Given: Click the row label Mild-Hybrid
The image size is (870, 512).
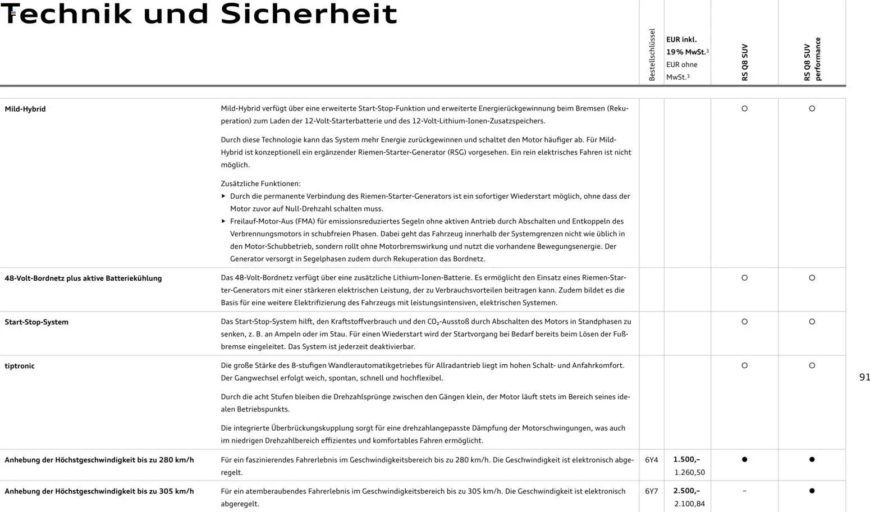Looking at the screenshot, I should click(25, 109).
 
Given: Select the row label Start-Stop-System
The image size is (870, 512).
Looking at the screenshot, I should click(36, 322).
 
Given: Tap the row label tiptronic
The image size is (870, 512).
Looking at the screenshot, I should click(20, 366).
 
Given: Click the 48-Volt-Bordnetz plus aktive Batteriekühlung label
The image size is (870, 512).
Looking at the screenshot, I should click(83, 278).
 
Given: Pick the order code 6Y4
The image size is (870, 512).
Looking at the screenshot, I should click(651, 460).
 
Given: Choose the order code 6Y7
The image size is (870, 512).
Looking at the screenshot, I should click(651, 491).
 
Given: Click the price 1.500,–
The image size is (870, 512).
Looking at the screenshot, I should click(686, 460).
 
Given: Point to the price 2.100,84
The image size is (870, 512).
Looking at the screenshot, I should click(689, 504).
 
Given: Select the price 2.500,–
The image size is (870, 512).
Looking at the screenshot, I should click(686, 491).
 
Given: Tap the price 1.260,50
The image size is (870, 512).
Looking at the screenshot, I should click(689, 473).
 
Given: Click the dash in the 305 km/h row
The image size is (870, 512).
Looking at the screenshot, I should click(744, 491).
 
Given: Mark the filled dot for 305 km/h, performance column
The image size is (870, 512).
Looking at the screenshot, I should click(812, 491).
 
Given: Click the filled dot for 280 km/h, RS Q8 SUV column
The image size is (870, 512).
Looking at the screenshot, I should click(744, 460).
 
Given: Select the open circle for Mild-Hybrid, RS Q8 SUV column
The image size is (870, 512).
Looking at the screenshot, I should click(744, 109).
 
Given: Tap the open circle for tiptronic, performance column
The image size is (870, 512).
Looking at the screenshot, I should click(812, 366).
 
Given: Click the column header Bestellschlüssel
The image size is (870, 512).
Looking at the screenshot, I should click(652, 55).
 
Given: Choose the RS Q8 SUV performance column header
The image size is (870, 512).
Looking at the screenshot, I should click(812, 59).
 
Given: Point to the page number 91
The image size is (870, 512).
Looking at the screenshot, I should click(864, 377).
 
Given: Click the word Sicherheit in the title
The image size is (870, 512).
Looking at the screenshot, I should click(309, 14).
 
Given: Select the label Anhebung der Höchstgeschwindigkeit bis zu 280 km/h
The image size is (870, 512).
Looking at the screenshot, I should click(99, 460).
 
